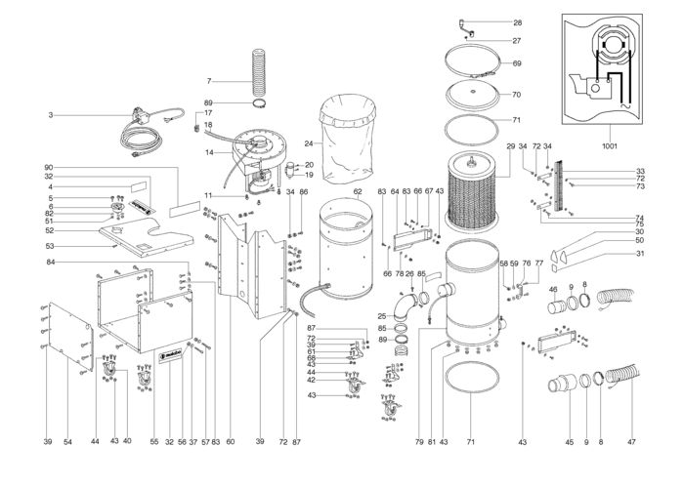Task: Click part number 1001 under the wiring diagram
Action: pos(610,146)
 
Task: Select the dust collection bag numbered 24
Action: pos(348,139)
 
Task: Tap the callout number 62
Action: pos(358,191)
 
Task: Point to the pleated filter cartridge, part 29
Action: pos(473,190)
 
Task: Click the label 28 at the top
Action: pos(517,22)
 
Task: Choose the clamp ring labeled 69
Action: pos(472,61)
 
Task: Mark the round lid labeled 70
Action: pos(472,95)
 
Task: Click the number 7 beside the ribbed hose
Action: pos(209,81)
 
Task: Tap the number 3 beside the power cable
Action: pos(51,115)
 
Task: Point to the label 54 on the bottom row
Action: pos(67,442)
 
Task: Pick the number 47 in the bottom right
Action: pos(631,442)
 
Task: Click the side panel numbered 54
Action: pos(70,337)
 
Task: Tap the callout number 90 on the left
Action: pos(49,168)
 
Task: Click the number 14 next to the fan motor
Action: pos(209,152)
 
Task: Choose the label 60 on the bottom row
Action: pos(231,442)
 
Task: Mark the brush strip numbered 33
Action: pos(558,184)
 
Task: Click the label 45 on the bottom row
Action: pos(570,442)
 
